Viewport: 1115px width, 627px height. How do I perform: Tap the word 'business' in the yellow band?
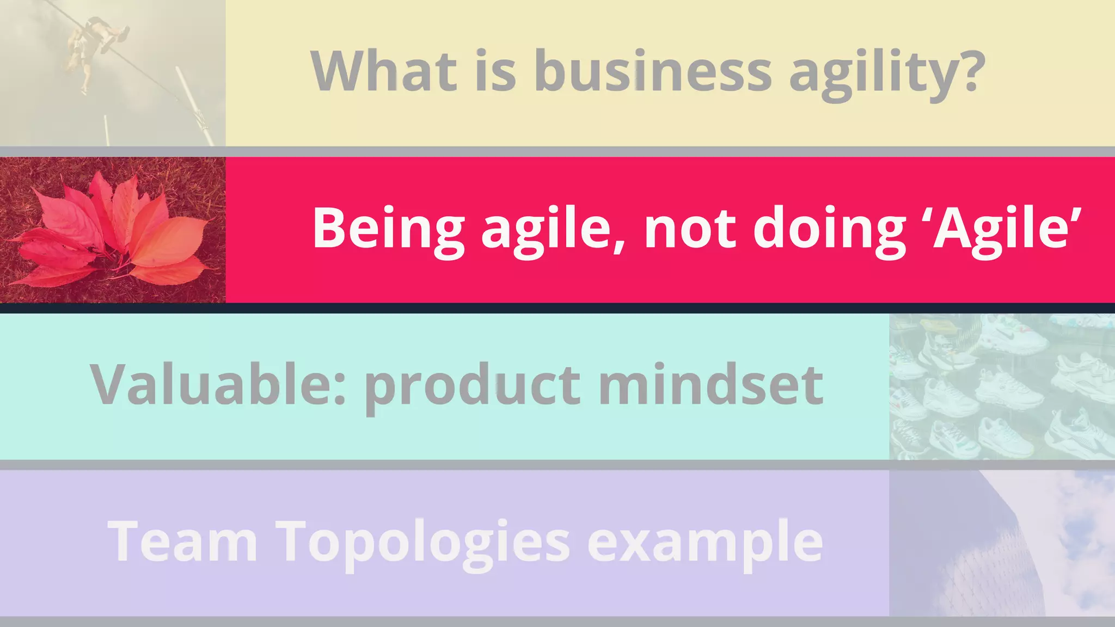653,71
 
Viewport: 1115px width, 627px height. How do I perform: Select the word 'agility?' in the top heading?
887,73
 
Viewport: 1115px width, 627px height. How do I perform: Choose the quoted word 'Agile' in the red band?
1005,229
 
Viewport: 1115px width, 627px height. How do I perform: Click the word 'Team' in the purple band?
182,542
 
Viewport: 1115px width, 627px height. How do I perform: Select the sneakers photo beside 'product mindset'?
1002,386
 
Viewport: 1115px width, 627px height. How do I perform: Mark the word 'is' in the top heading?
495,71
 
